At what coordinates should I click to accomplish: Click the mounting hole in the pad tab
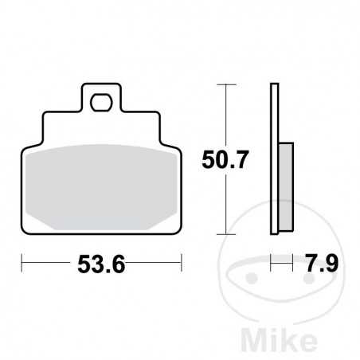tap(101, 101)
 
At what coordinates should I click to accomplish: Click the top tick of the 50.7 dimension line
tap(229, 84)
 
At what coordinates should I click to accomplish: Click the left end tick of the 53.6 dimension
tap(22, 260)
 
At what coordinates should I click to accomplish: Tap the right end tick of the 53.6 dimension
tap(182, 260)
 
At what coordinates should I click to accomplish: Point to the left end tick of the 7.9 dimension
tap(272, 260)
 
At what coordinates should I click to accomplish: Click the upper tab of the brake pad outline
tap(101, 100)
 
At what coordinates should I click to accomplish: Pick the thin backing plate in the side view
tap(275, 159)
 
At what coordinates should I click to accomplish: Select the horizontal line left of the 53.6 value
tap(48, 260)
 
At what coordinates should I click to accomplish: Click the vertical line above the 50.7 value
tap(229, 112)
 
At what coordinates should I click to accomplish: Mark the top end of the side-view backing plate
tap(275, 84)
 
